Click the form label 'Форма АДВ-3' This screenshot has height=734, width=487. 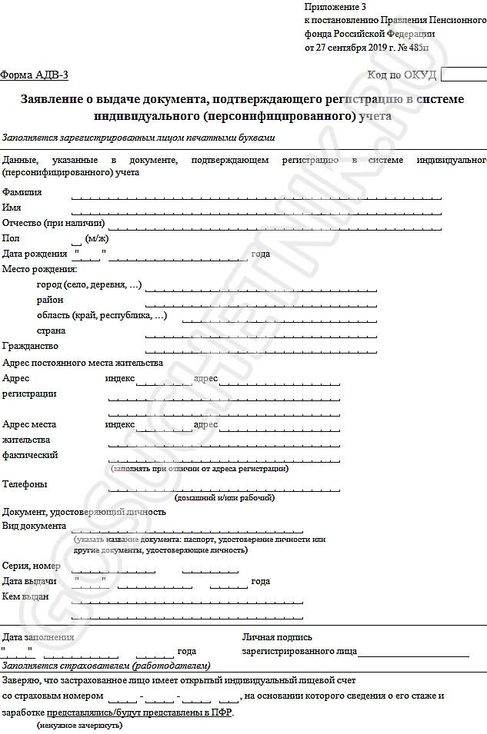point(35,75)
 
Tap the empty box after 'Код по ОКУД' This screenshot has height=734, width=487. point(464,75)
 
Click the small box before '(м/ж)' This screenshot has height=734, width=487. point(76,239)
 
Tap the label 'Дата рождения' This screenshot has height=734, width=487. point(35,254)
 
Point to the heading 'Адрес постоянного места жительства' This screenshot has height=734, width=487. point(83,363)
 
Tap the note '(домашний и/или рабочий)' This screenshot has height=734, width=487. point(225,498)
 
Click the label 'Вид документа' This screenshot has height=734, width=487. point(35,526)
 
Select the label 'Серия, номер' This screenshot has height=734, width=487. point(32,566)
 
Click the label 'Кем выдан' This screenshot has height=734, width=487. point(25,596)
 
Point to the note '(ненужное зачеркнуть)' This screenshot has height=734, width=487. point(78,726)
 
